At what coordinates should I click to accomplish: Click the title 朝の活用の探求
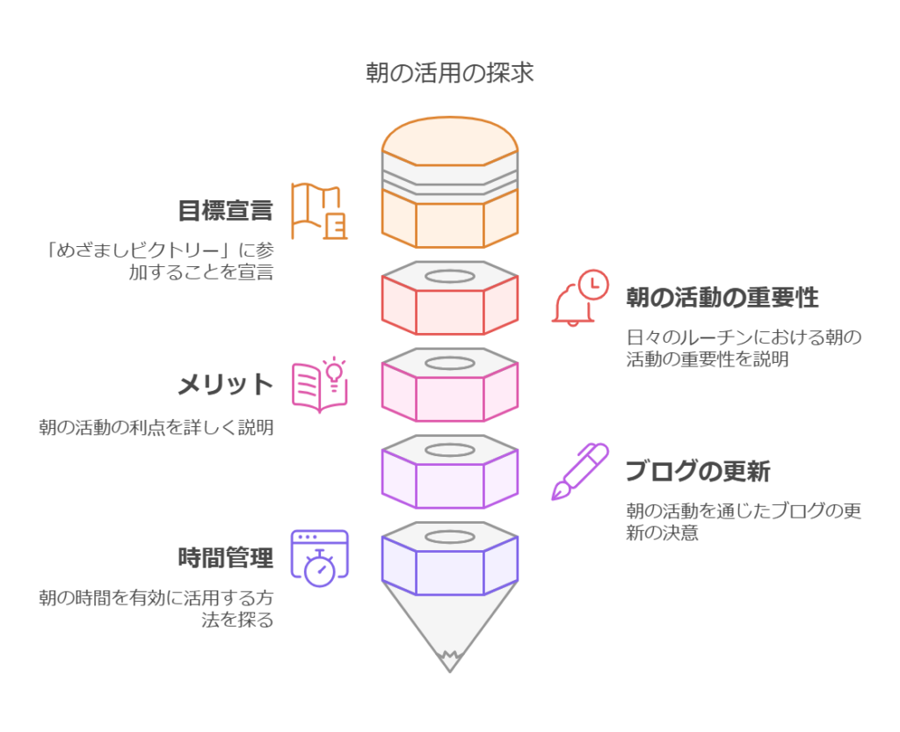(449, 73)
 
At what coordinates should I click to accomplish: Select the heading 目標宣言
(225, 210)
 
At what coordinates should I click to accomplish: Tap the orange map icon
(319, 211)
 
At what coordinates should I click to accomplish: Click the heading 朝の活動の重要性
(722, 297)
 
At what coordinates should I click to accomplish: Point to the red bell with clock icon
(580, 298)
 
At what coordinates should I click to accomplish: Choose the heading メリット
(225, 384)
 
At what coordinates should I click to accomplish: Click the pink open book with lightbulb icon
(319, 386)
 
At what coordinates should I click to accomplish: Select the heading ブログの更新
(698, 471)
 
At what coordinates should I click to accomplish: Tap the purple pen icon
(580, 472)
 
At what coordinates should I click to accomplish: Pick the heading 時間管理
(225, 558)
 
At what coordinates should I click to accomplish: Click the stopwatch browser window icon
(319, 558)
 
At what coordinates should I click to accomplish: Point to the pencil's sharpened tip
(450, 670)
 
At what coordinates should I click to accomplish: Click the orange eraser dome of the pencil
(450, 141)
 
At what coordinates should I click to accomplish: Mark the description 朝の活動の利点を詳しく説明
(156, 427)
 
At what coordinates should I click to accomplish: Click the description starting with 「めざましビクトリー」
(160, 261)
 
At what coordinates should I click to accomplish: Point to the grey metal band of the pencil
(450, 178)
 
